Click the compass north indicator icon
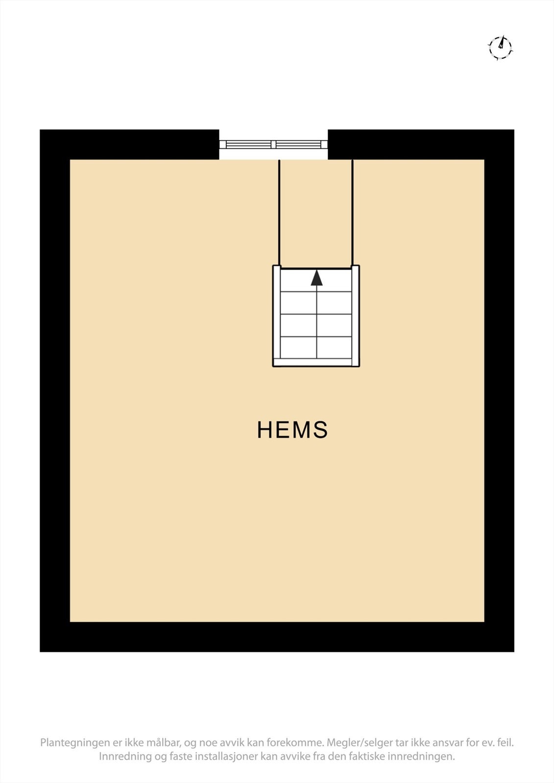click(500, 47)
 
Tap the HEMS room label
click(292, 430)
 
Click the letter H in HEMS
click(264, 430)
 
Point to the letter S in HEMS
click(321, 430)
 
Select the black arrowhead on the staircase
click(317, 277)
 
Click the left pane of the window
click(248, 144)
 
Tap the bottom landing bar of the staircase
click(316, 363)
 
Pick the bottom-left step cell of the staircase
click(298, 347)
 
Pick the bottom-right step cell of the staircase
click(335, 347)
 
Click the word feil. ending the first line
click(505, 743)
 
